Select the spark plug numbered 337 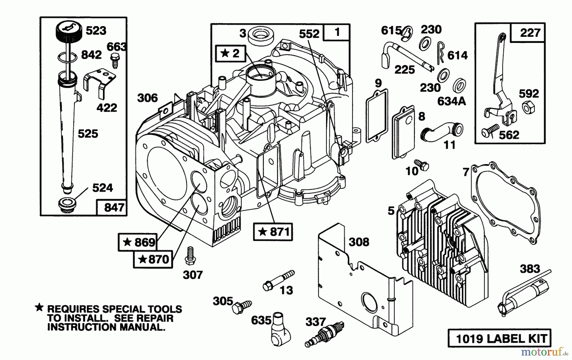pos(324,334)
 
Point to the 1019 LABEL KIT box pos(499,338)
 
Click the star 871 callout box pos(273,232)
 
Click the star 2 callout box pos(231,53)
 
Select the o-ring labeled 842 pos(67,58)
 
